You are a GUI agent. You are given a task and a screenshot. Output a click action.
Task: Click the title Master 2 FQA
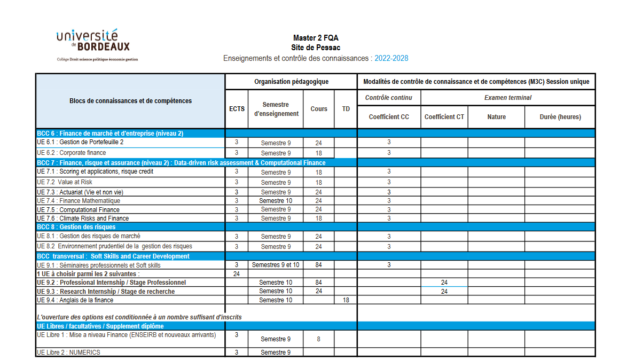tap(315, 38)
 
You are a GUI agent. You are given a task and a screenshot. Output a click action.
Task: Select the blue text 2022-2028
tap(391, 58)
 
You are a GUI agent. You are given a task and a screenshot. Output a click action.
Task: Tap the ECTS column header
tap(237, 109)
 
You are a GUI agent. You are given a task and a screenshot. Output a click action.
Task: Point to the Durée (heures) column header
tap(559, 117)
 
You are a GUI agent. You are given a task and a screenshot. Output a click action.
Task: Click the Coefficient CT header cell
tap(444, 117)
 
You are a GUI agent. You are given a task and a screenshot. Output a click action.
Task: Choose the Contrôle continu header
tap(388, 98)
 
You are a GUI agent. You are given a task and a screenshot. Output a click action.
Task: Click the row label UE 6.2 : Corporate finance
tap(72, 153)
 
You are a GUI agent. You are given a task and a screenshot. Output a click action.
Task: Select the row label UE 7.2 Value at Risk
tap(65, 182)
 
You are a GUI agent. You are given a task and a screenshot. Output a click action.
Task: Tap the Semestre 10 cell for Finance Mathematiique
tap(276, 201)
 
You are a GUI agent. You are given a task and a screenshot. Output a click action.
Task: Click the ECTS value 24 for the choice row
tap(237, 273)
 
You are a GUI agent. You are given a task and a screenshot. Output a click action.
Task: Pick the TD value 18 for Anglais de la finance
tap(346, 300)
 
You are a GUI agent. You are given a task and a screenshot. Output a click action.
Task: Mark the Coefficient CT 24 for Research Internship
tap(444, 292)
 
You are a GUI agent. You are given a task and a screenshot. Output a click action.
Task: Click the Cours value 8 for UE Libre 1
tap(318, 339)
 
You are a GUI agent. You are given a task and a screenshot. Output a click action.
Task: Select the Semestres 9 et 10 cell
tap(276, 265)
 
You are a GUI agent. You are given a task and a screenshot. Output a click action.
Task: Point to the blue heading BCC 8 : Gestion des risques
tap(76, 227)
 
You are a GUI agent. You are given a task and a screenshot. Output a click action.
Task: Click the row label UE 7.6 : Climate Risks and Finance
tap(83, 218)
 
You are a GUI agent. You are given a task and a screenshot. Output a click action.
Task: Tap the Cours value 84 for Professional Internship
tap(318, 283)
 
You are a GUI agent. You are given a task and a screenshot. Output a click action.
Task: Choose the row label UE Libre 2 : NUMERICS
tap(68, 353)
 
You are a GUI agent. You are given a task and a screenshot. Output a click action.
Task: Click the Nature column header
tap(496, 117)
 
